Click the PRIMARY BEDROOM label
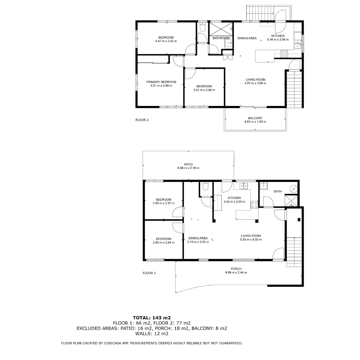point(161,82)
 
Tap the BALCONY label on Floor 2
point(255,118)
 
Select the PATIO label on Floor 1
point(188,164)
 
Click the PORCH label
point(236,269)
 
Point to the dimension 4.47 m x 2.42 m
point(166,41)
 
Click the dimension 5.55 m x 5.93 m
point(251,239)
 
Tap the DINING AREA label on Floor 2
point(247,38)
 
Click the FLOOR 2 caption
point(142,120)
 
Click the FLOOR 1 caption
point(149,273)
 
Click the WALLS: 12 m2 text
point(152,333)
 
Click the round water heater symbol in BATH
point(292,189)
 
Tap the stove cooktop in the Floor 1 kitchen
point(254,205)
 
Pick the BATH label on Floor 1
point(277,191)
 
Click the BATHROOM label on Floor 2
point(221,38)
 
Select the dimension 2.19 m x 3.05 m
point(198,242)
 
